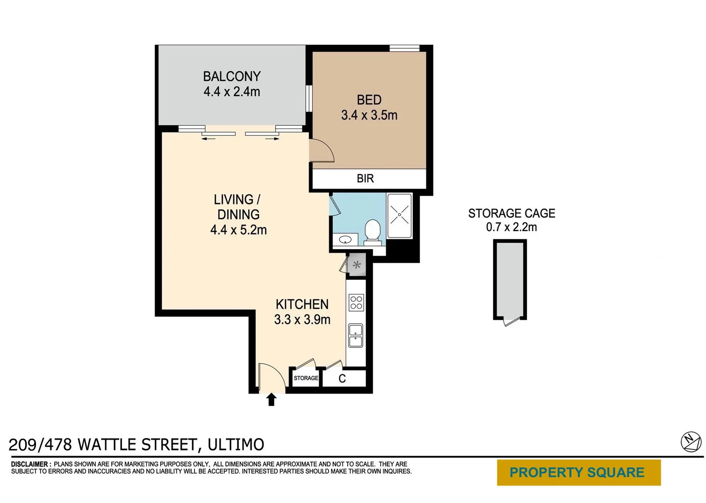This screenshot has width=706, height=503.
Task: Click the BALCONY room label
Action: point(231,76)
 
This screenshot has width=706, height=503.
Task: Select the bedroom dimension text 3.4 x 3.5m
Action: point(369,115)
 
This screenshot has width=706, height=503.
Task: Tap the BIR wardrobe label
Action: point(365,178)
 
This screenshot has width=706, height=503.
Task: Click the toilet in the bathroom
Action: point(372,231)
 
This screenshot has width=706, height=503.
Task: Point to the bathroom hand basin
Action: point(345,240)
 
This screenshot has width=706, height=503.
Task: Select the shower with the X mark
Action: point(399,216)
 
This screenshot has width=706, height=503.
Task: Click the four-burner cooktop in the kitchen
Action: point(356,303)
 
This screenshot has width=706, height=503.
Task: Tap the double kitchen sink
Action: point(356,336)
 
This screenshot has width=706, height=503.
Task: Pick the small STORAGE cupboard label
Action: point(306,378)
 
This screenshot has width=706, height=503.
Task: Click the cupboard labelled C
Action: point(342,379)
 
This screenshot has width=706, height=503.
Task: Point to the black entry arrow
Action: point(271,400)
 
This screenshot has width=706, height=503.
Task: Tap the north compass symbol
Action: point(691,442)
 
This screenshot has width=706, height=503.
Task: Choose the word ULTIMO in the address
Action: point(236,445)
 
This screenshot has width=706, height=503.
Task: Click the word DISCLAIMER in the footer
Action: point(30,464)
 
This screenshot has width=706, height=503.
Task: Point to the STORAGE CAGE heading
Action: point(511,213)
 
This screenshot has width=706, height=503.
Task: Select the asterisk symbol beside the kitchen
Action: point(357,265)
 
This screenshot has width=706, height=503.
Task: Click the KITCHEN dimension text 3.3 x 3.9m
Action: point(302,319)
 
